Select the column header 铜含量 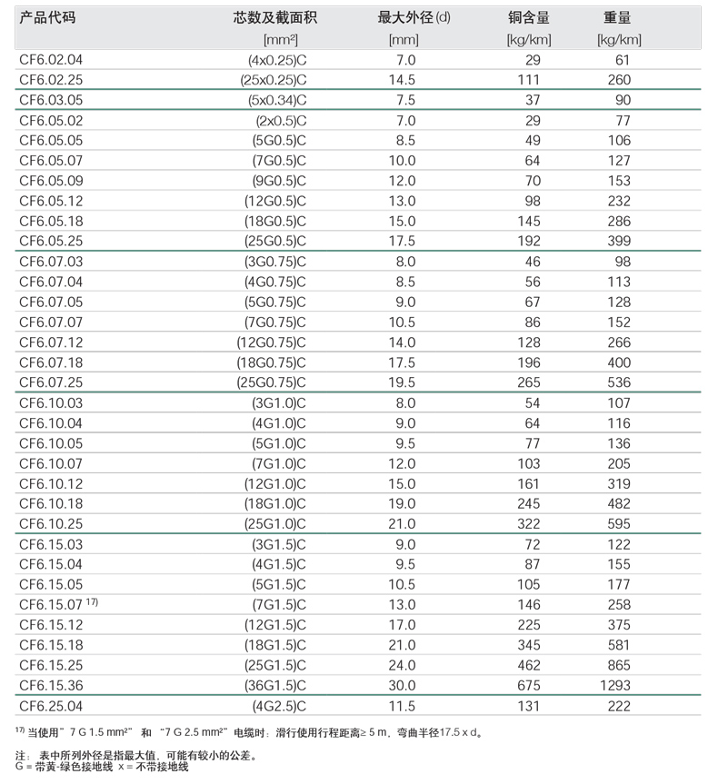pos(528,18)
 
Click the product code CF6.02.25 pos(51,80)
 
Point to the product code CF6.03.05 pos(51,100)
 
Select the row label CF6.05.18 pos(51,221)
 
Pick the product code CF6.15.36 pos(51,685)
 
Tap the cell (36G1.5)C pos(274,685)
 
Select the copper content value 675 pos(528,685)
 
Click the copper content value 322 pos(528,523)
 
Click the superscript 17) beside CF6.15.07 pos(91,602)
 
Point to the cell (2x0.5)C pos(281,120)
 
